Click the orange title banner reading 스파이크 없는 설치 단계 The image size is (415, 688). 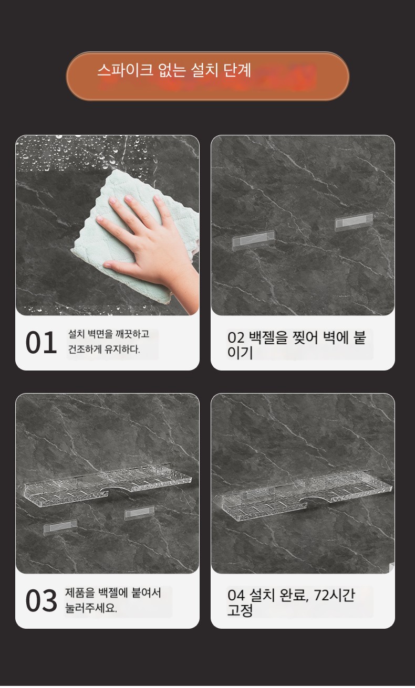pos(207,76)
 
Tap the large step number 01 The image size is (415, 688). pos(41,343)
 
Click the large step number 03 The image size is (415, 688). pos(41,600)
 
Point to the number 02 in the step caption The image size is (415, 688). pos(236,338)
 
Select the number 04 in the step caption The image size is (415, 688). pos(236,595)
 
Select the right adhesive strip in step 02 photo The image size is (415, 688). pos(354,221)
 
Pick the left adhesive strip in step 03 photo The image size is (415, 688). pos(60,527)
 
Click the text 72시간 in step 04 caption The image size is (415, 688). pos(334,595)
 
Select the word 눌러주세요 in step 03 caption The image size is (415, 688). pos(91,608)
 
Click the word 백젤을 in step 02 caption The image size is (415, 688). pos(268,337)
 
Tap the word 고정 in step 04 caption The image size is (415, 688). pos(240,610)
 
